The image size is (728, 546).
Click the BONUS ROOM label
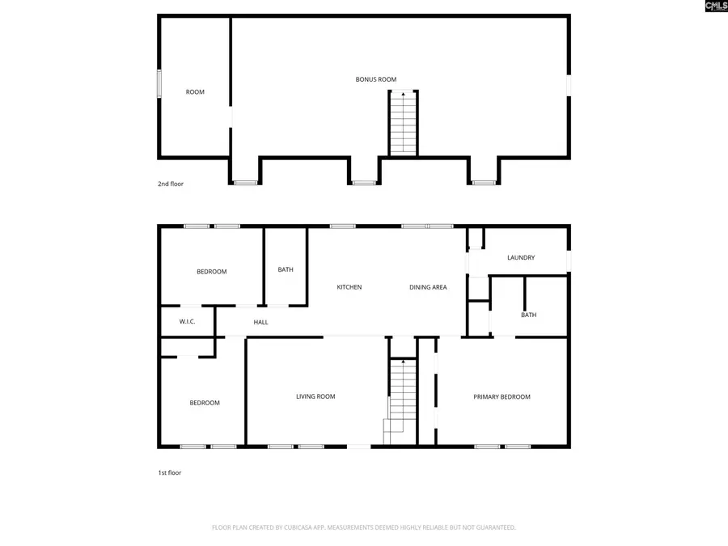click(376, 79)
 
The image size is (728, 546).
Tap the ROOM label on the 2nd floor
click(195, 92)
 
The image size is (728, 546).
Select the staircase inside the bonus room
click(403, 123)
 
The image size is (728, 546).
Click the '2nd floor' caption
click(171, 184)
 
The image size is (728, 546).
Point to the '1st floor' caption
click(169, 472)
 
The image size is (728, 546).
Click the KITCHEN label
click(349, 287)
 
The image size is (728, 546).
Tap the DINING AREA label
click(428, 287)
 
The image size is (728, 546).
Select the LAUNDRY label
click(521, 258)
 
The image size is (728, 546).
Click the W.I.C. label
click(188, 322)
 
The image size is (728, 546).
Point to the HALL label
click(260, 323)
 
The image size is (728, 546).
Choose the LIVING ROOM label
click(315, 396)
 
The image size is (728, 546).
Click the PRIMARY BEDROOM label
click(502, 397)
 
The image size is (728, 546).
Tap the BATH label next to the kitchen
click(286, 270)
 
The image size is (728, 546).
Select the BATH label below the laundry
click(528, 315)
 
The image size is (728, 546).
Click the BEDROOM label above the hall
click(212, 272)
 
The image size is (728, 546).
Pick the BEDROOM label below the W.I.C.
click(205, 403)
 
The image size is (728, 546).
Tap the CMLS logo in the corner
click(716, 6)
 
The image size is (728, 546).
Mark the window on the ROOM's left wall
click(159, 84)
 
